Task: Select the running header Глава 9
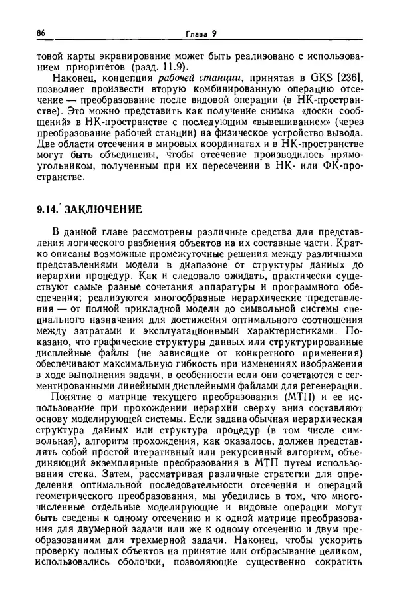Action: [x=196, y=33]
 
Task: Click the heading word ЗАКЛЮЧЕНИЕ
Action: [x=106, y=210]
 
